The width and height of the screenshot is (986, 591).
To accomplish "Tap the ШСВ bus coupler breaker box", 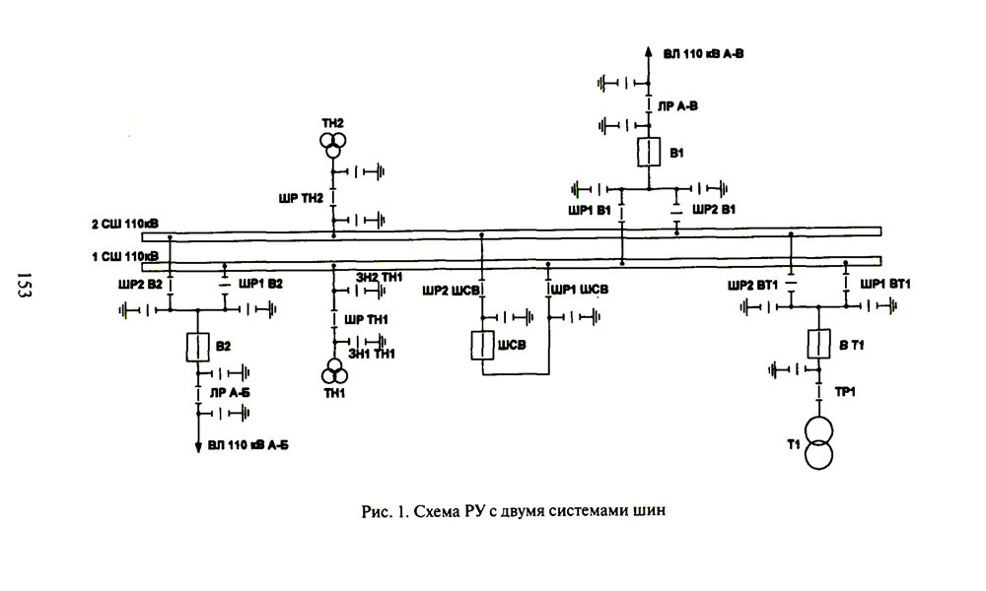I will [x=482, y=346].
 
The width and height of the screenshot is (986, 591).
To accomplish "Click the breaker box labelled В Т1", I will [x=817, y=345].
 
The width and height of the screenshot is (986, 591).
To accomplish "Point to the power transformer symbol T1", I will [x=817, y=441].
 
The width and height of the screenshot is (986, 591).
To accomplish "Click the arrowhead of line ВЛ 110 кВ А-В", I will [x=648, y=51].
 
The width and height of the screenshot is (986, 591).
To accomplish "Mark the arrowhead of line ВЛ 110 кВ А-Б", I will [x=197, y=448].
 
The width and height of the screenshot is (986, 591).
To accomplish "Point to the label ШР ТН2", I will [x=301, y=198].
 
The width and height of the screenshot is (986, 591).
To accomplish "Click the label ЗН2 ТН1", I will [x=379, y=279].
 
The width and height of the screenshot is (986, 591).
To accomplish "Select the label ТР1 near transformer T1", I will [x=845, y=391].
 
